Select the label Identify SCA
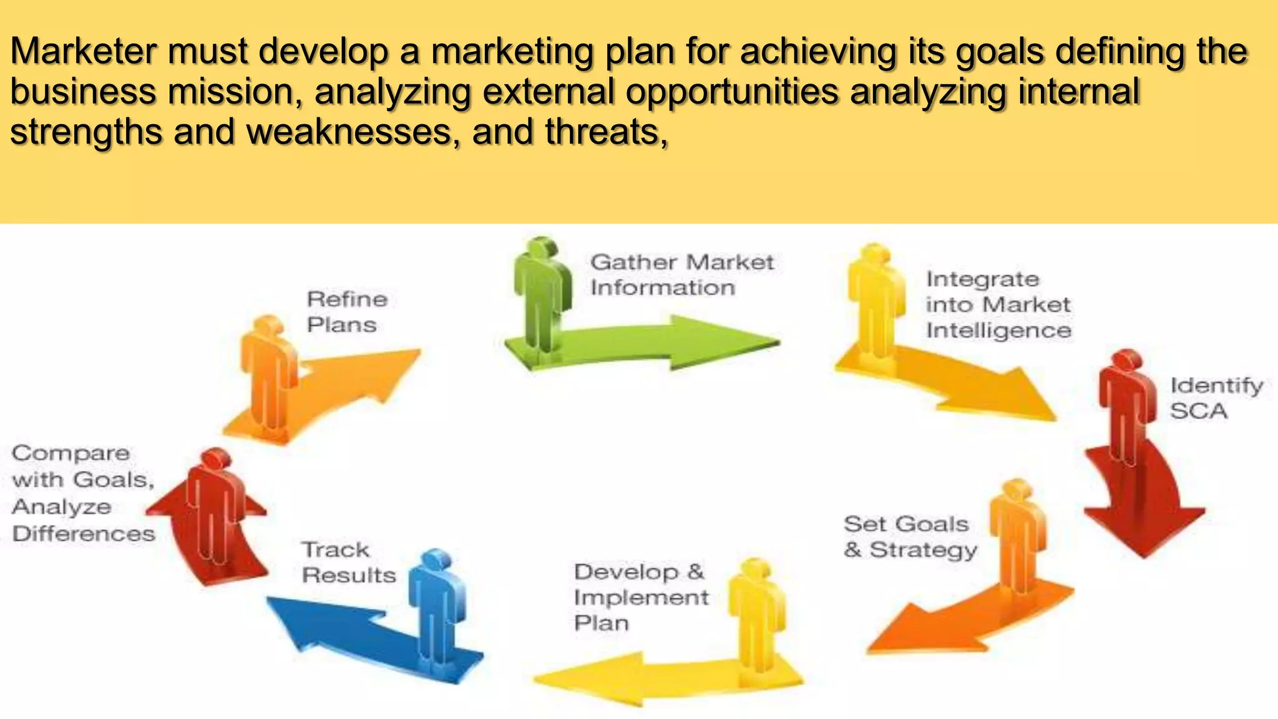(x=1216, y=398)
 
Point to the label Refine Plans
(x=346, y=312)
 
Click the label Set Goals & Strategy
(x=910, y=537)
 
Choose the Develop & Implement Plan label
(x=640, y=597)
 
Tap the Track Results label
(x=348, y=562)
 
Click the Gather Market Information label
(x=681, y=275)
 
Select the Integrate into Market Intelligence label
(x=998, y=305)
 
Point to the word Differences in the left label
(x=83, y=534)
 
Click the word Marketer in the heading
(x=83, y=51)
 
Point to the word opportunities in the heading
(x=733, y=92)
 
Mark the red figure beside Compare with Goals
(x=215, y=506)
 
